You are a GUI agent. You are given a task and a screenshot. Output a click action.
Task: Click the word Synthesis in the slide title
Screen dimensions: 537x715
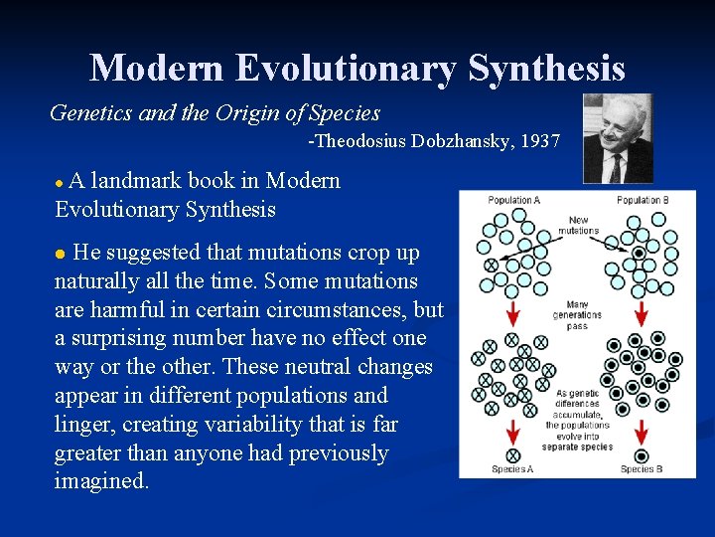click(x=546, y=68)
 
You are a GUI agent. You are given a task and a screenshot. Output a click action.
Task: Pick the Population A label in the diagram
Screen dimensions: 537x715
click(x=514, y=200)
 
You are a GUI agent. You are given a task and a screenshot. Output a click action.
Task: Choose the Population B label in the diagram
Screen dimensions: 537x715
click(x=643, y=200)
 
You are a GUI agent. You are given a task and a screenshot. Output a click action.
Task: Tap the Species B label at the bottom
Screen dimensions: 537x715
click(x=643, y=468)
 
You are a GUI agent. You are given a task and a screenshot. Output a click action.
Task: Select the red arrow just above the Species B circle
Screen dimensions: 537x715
click(x=641, y=433)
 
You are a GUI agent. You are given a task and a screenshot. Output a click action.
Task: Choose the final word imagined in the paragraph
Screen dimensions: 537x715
click(x=101, y=481)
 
